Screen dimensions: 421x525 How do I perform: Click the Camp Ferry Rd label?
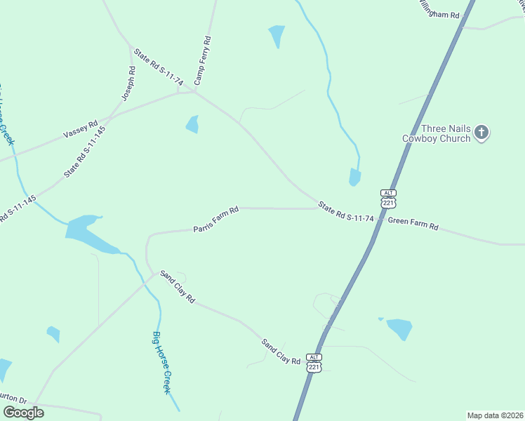(203, 61)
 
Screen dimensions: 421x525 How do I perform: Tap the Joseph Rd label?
(128, 83)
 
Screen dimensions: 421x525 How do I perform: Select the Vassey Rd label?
(81, 130)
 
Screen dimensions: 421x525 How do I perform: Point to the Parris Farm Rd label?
(217, 220)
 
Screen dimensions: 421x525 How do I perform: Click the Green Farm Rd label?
(413, 226)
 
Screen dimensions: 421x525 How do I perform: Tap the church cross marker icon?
(481, 132)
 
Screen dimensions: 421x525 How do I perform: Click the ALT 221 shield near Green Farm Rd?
(388, 198)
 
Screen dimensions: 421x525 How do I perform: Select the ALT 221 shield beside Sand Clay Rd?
(314, 363)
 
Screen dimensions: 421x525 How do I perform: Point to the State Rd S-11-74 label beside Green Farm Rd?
(345, 213)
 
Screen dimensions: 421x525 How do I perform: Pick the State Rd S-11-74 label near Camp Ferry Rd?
(159, 67)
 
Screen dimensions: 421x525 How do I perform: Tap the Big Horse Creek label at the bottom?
(162, 361)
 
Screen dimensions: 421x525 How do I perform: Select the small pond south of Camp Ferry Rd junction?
(192, 125)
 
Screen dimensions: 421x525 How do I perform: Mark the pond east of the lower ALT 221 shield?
(399, 328)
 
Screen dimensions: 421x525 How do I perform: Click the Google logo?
(23, 412)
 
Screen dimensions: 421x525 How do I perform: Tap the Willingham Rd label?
(438, 9)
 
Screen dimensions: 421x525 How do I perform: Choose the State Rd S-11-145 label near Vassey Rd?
(85, 151)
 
